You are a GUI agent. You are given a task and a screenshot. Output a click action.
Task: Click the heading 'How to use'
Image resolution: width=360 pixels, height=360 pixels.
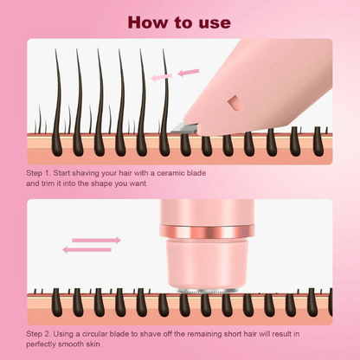point(179,21)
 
